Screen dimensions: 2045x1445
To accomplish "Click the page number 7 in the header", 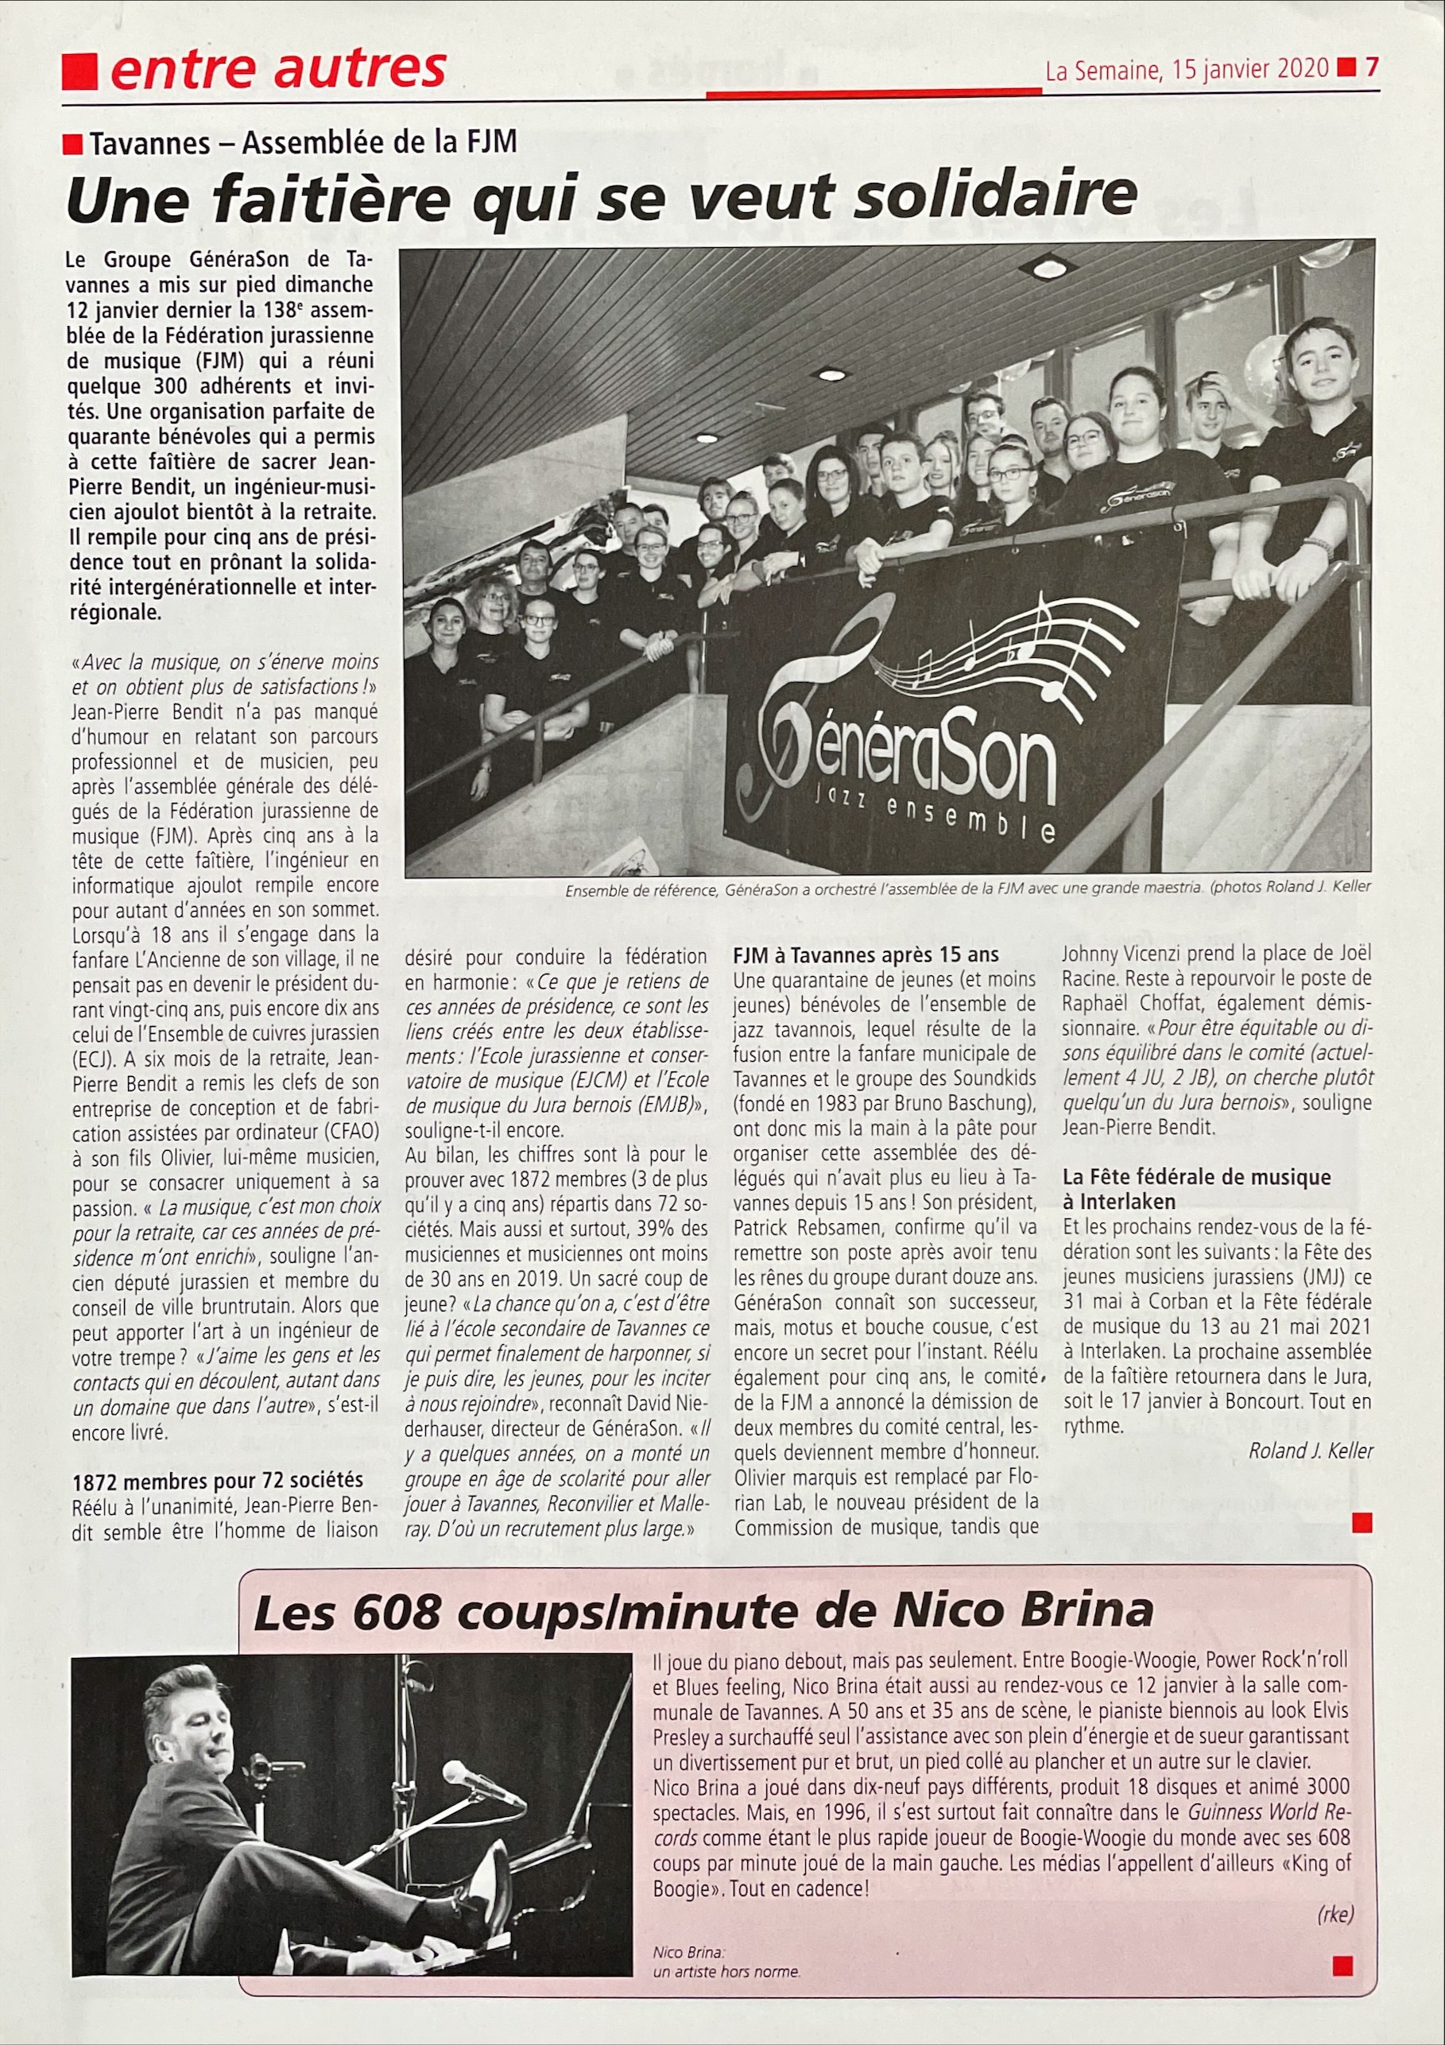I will tap(1372, 68).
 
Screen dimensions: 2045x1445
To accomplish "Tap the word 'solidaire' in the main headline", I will tap(995, 196).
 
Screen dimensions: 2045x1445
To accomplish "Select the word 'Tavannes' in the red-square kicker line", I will tap(149, 143).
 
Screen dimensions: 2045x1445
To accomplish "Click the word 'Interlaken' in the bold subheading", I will tap(1118, 1202).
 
